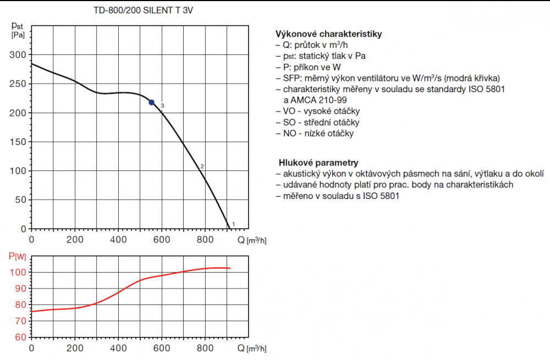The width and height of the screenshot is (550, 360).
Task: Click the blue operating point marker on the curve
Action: (x=152, y=102)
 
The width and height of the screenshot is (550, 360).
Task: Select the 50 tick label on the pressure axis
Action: (x=20, y=200)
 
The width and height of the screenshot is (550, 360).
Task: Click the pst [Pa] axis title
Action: (x=17, y=30)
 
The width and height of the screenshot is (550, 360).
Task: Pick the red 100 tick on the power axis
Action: (x=18, y=273)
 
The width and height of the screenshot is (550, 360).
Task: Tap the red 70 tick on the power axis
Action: (x=20, y=320)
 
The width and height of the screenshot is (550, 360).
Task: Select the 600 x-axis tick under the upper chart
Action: (x=161, y=239)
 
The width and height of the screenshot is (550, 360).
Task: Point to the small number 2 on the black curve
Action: (x=202, y=167)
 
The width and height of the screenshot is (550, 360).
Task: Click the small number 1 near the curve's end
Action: (x=234, y=224)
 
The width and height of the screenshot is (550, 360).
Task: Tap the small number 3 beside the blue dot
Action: (x=162, y=106)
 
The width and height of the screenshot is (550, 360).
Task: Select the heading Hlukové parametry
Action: (x=318, y=163)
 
